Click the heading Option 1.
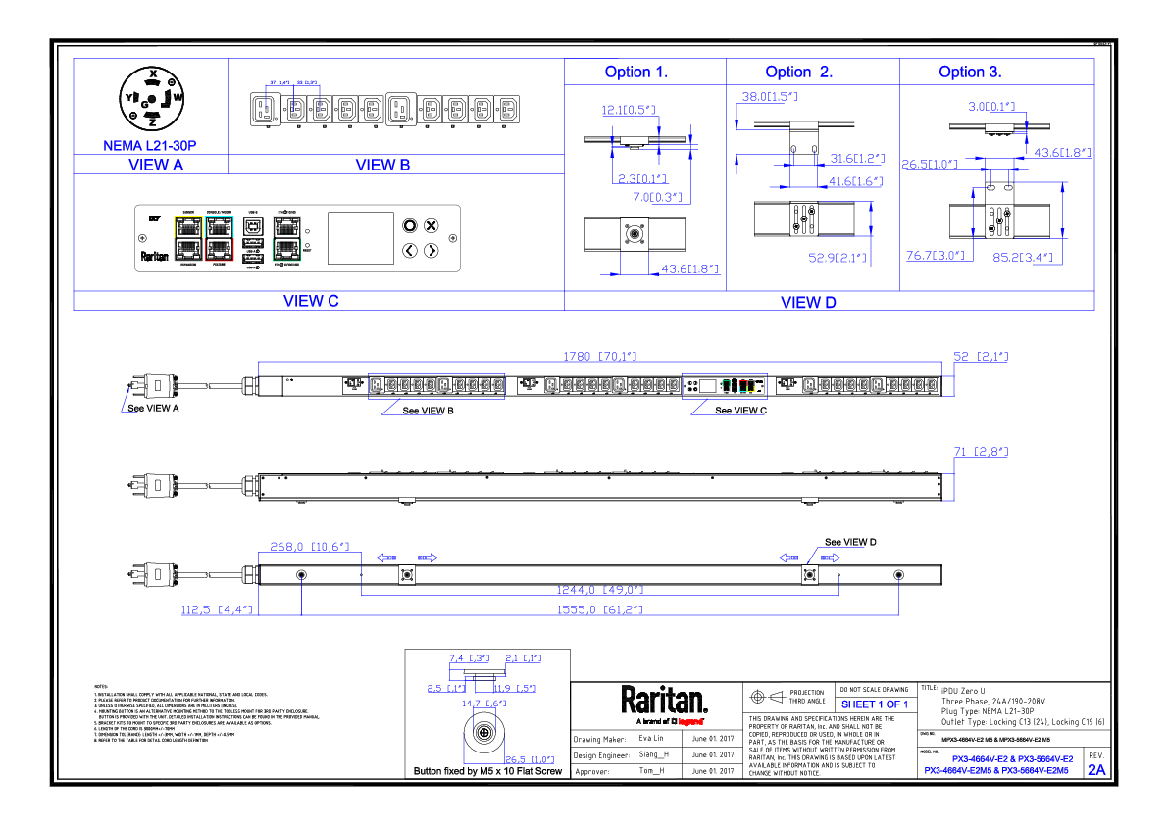(635, 72)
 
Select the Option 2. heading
(799, 72)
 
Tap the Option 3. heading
(970, 72)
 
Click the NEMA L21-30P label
(150, 146)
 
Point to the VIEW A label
(156, 165)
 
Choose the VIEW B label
(382, 165)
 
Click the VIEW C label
(312, 301)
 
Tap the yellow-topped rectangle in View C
(188, 238)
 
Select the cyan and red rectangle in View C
(220, 238)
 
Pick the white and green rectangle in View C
(286, 238)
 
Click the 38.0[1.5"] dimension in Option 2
(770, 97)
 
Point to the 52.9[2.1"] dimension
(838, 258)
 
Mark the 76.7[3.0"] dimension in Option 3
(936, 256)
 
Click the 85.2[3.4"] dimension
(1023, 258)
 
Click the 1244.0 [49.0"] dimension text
(600, 590)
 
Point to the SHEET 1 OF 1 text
(875, 704)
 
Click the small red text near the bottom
(690, 722)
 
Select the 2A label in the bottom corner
(1096, 770)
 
